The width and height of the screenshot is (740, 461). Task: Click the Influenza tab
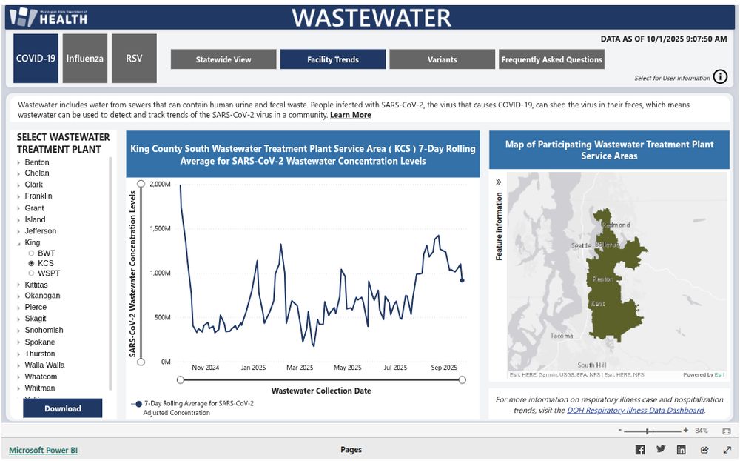point(85,58)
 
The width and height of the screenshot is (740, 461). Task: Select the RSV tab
point(134,58)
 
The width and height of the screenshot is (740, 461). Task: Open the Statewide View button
point(223,59)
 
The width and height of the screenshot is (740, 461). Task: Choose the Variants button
point(442,59)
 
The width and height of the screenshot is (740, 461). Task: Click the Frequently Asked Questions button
point(551,59)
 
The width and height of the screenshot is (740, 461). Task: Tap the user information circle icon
point(720,77)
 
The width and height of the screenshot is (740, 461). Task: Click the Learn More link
point(351,115)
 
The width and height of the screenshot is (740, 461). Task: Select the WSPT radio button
point(31,273)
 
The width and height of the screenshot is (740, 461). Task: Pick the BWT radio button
point(31,253)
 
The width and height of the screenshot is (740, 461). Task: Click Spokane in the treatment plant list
point(40,342)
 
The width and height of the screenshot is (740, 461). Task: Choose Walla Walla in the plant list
point(44,365)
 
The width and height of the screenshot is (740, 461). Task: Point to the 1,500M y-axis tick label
point(160,228)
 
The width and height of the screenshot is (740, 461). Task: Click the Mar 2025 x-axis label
point(300,368)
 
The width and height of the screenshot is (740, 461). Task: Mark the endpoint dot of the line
point(462,280)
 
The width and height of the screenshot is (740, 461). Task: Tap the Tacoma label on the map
point(562,336)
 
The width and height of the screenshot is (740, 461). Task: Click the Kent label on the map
point(597,304)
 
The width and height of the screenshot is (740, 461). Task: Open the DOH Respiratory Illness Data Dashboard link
point(635,410)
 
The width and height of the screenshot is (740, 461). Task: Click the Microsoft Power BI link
point(43,450)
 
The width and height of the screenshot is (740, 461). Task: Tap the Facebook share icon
point(640,450)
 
